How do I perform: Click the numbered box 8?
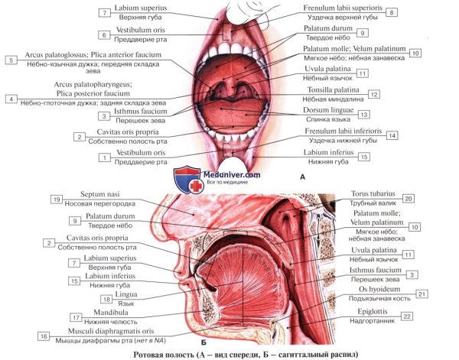click(x=392, y=13)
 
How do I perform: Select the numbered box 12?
click(x=373, y=94)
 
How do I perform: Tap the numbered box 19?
click(x=56, y=199)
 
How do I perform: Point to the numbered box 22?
click(x=409, y=316)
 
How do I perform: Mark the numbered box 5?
click(x=11, y=60)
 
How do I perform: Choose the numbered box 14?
click(x=392, y=136)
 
